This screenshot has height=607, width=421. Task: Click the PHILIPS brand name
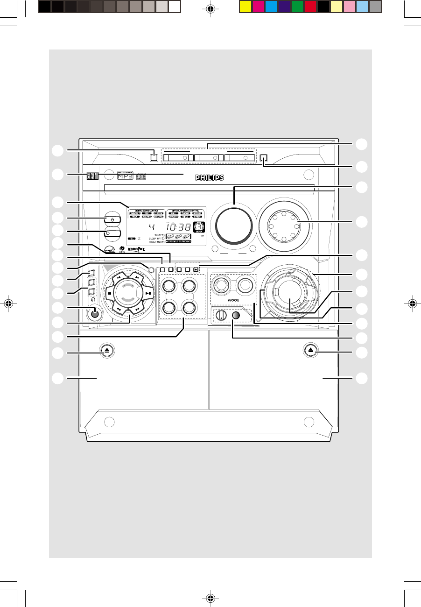coord(210,177)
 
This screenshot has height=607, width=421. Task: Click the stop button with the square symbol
coord(109,294)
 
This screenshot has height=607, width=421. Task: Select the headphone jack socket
coord(95,313)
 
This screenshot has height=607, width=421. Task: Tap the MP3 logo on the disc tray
coord(125,176)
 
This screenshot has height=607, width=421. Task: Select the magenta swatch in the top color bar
coord(258,6)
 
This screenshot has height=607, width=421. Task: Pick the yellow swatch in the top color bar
coord(245,6)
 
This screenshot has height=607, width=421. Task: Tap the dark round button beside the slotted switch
coord(237,315)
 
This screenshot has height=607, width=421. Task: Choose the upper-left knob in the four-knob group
coord(169,284)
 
